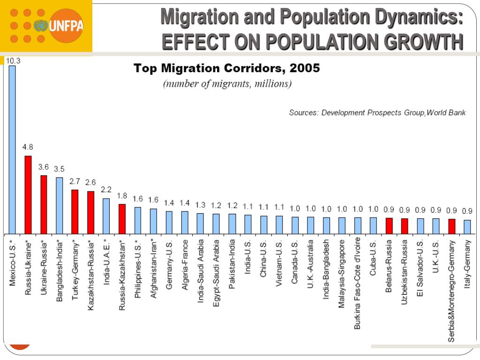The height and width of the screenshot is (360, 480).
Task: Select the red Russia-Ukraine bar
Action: click(x=28, y=195)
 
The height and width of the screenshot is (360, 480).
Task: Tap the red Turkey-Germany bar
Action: click(x=75, y=211)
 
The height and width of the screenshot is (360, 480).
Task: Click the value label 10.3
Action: click(x=13, y=60)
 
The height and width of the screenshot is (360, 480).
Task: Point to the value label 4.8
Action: click(x=28, y=147)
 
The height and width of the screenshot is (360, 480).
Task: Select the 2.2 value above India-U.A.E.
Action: click(x=106, y=190)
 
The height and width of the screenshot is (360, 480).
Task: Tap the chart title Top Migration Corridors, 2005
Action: click(x=227, y=68)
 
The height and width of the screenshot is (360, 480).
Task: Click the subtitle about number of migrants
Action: click(x=227, y=84)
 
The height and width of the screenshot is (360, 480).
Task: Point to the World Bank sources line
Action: click(x=377, y=113)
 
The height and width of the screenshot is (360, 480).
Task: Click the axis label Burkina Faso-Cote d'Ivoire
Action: click(x=358, y=284)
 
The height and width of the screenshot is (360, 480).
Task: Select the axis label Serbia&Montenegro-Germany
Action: click(x=451, y=291)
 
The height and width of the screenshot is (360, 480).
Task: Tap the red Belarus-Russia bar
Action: click(x=389, y=225)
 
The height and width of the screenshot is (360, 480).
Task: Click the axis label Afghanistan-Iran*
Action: click(x=153, y=265)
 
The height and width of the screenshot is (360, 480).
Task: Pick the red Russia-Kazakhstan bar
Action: click(x=122, y=218)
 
